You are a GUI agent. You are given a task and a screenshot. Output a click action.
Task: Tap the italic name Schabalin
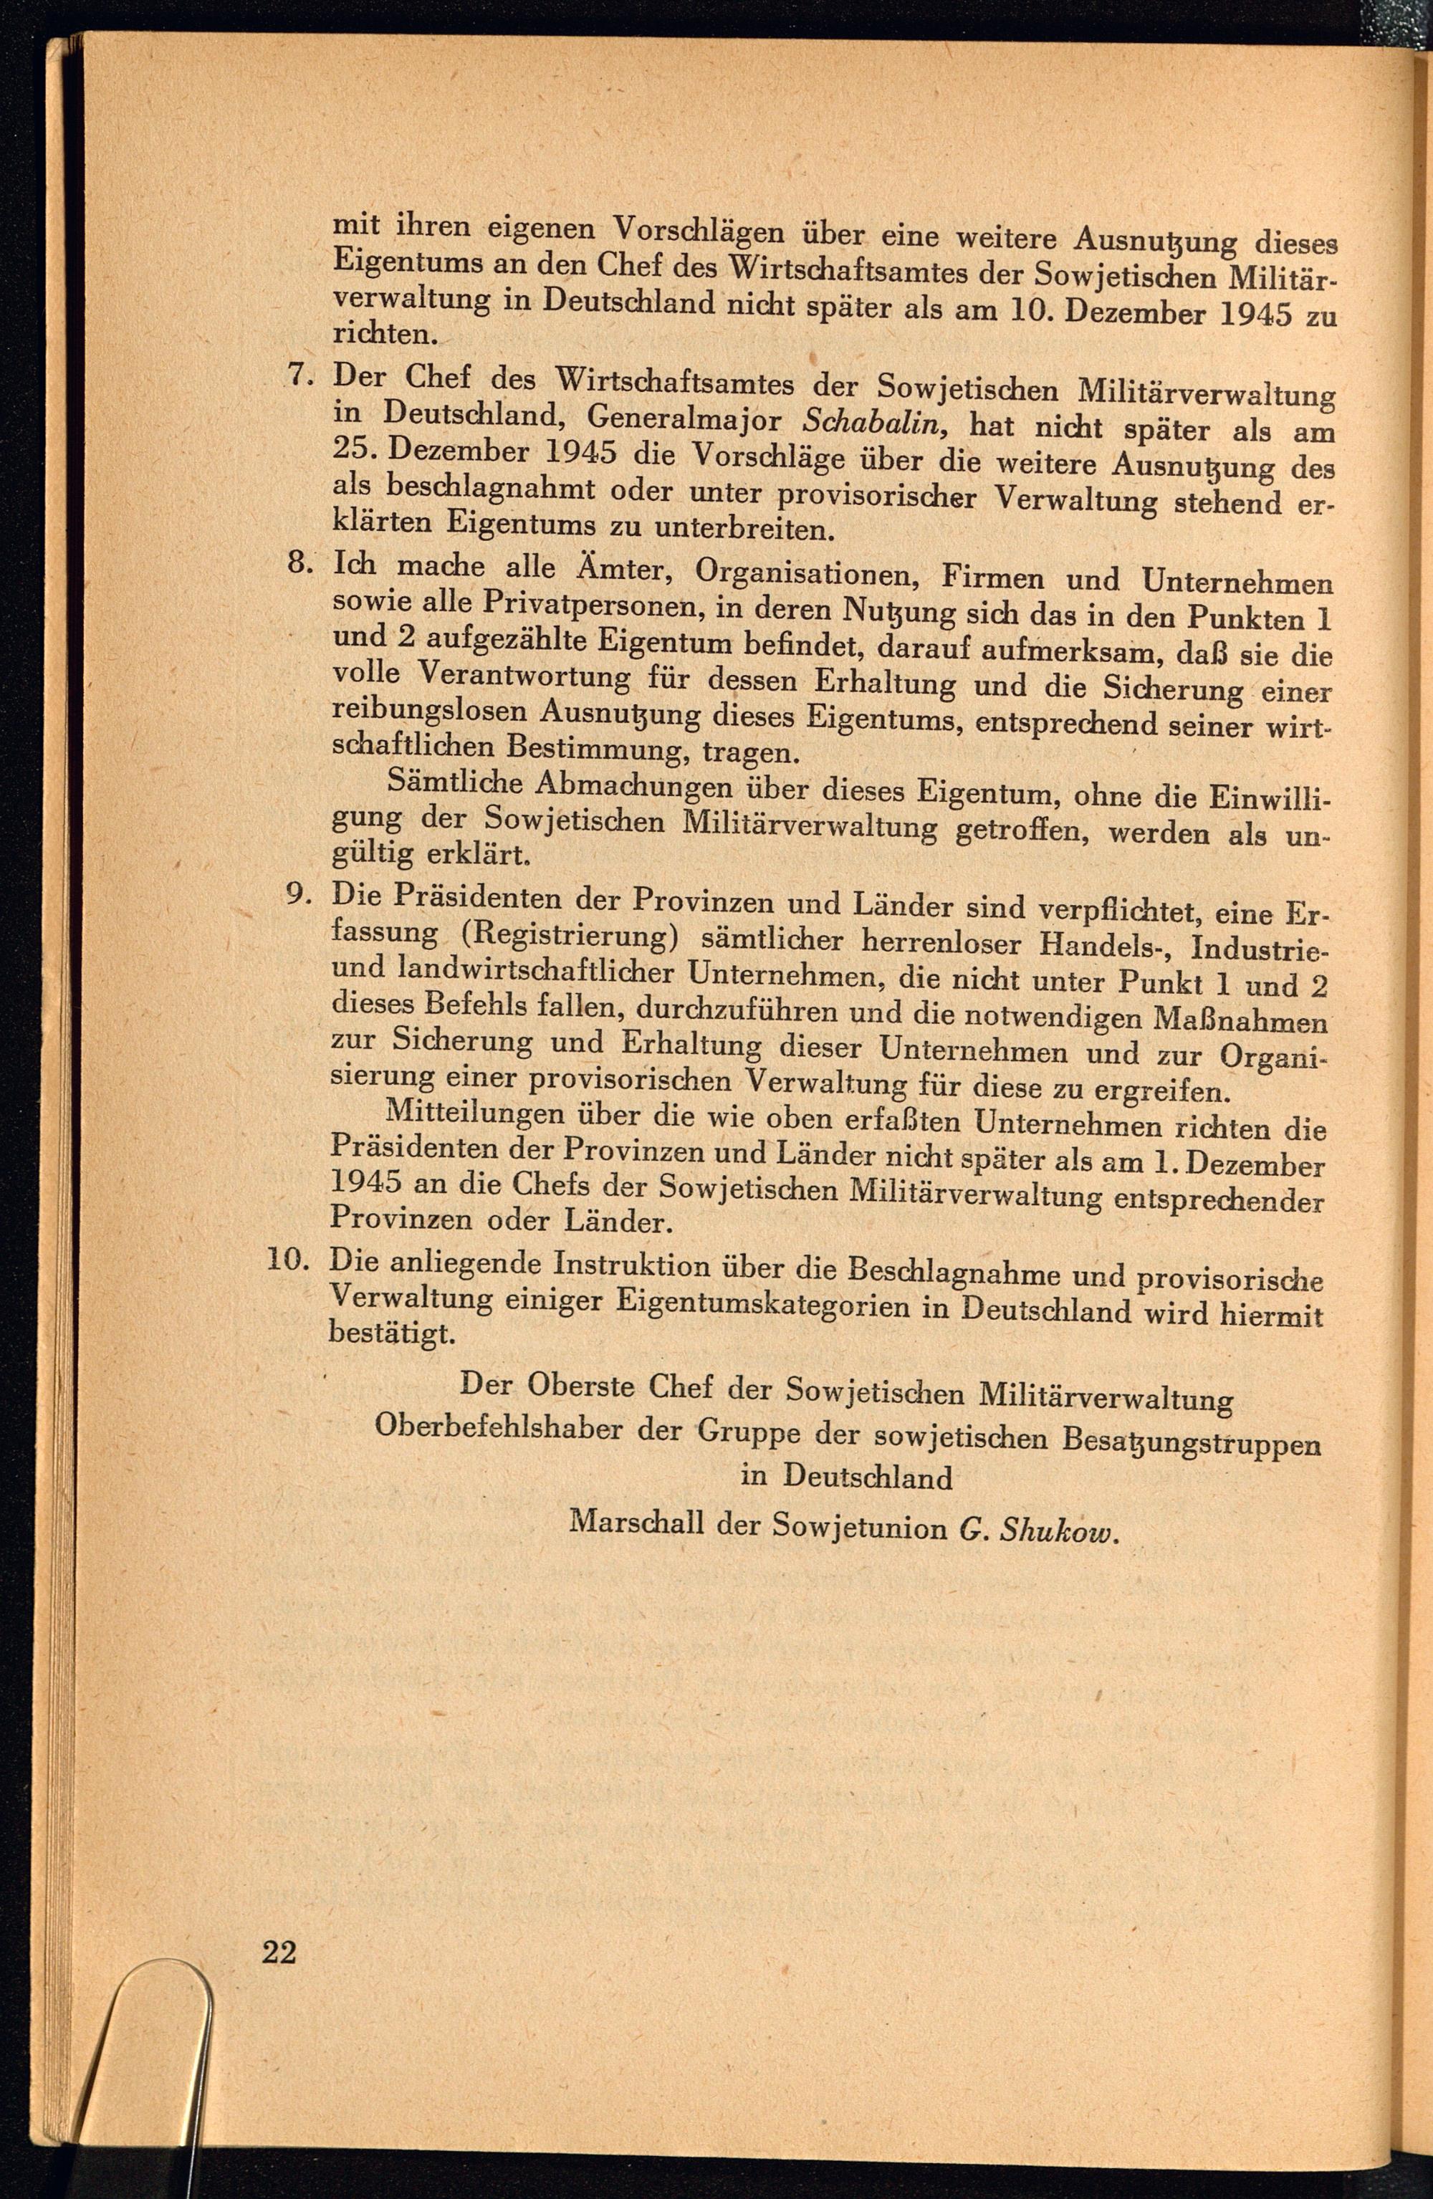tap(871, 421)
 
